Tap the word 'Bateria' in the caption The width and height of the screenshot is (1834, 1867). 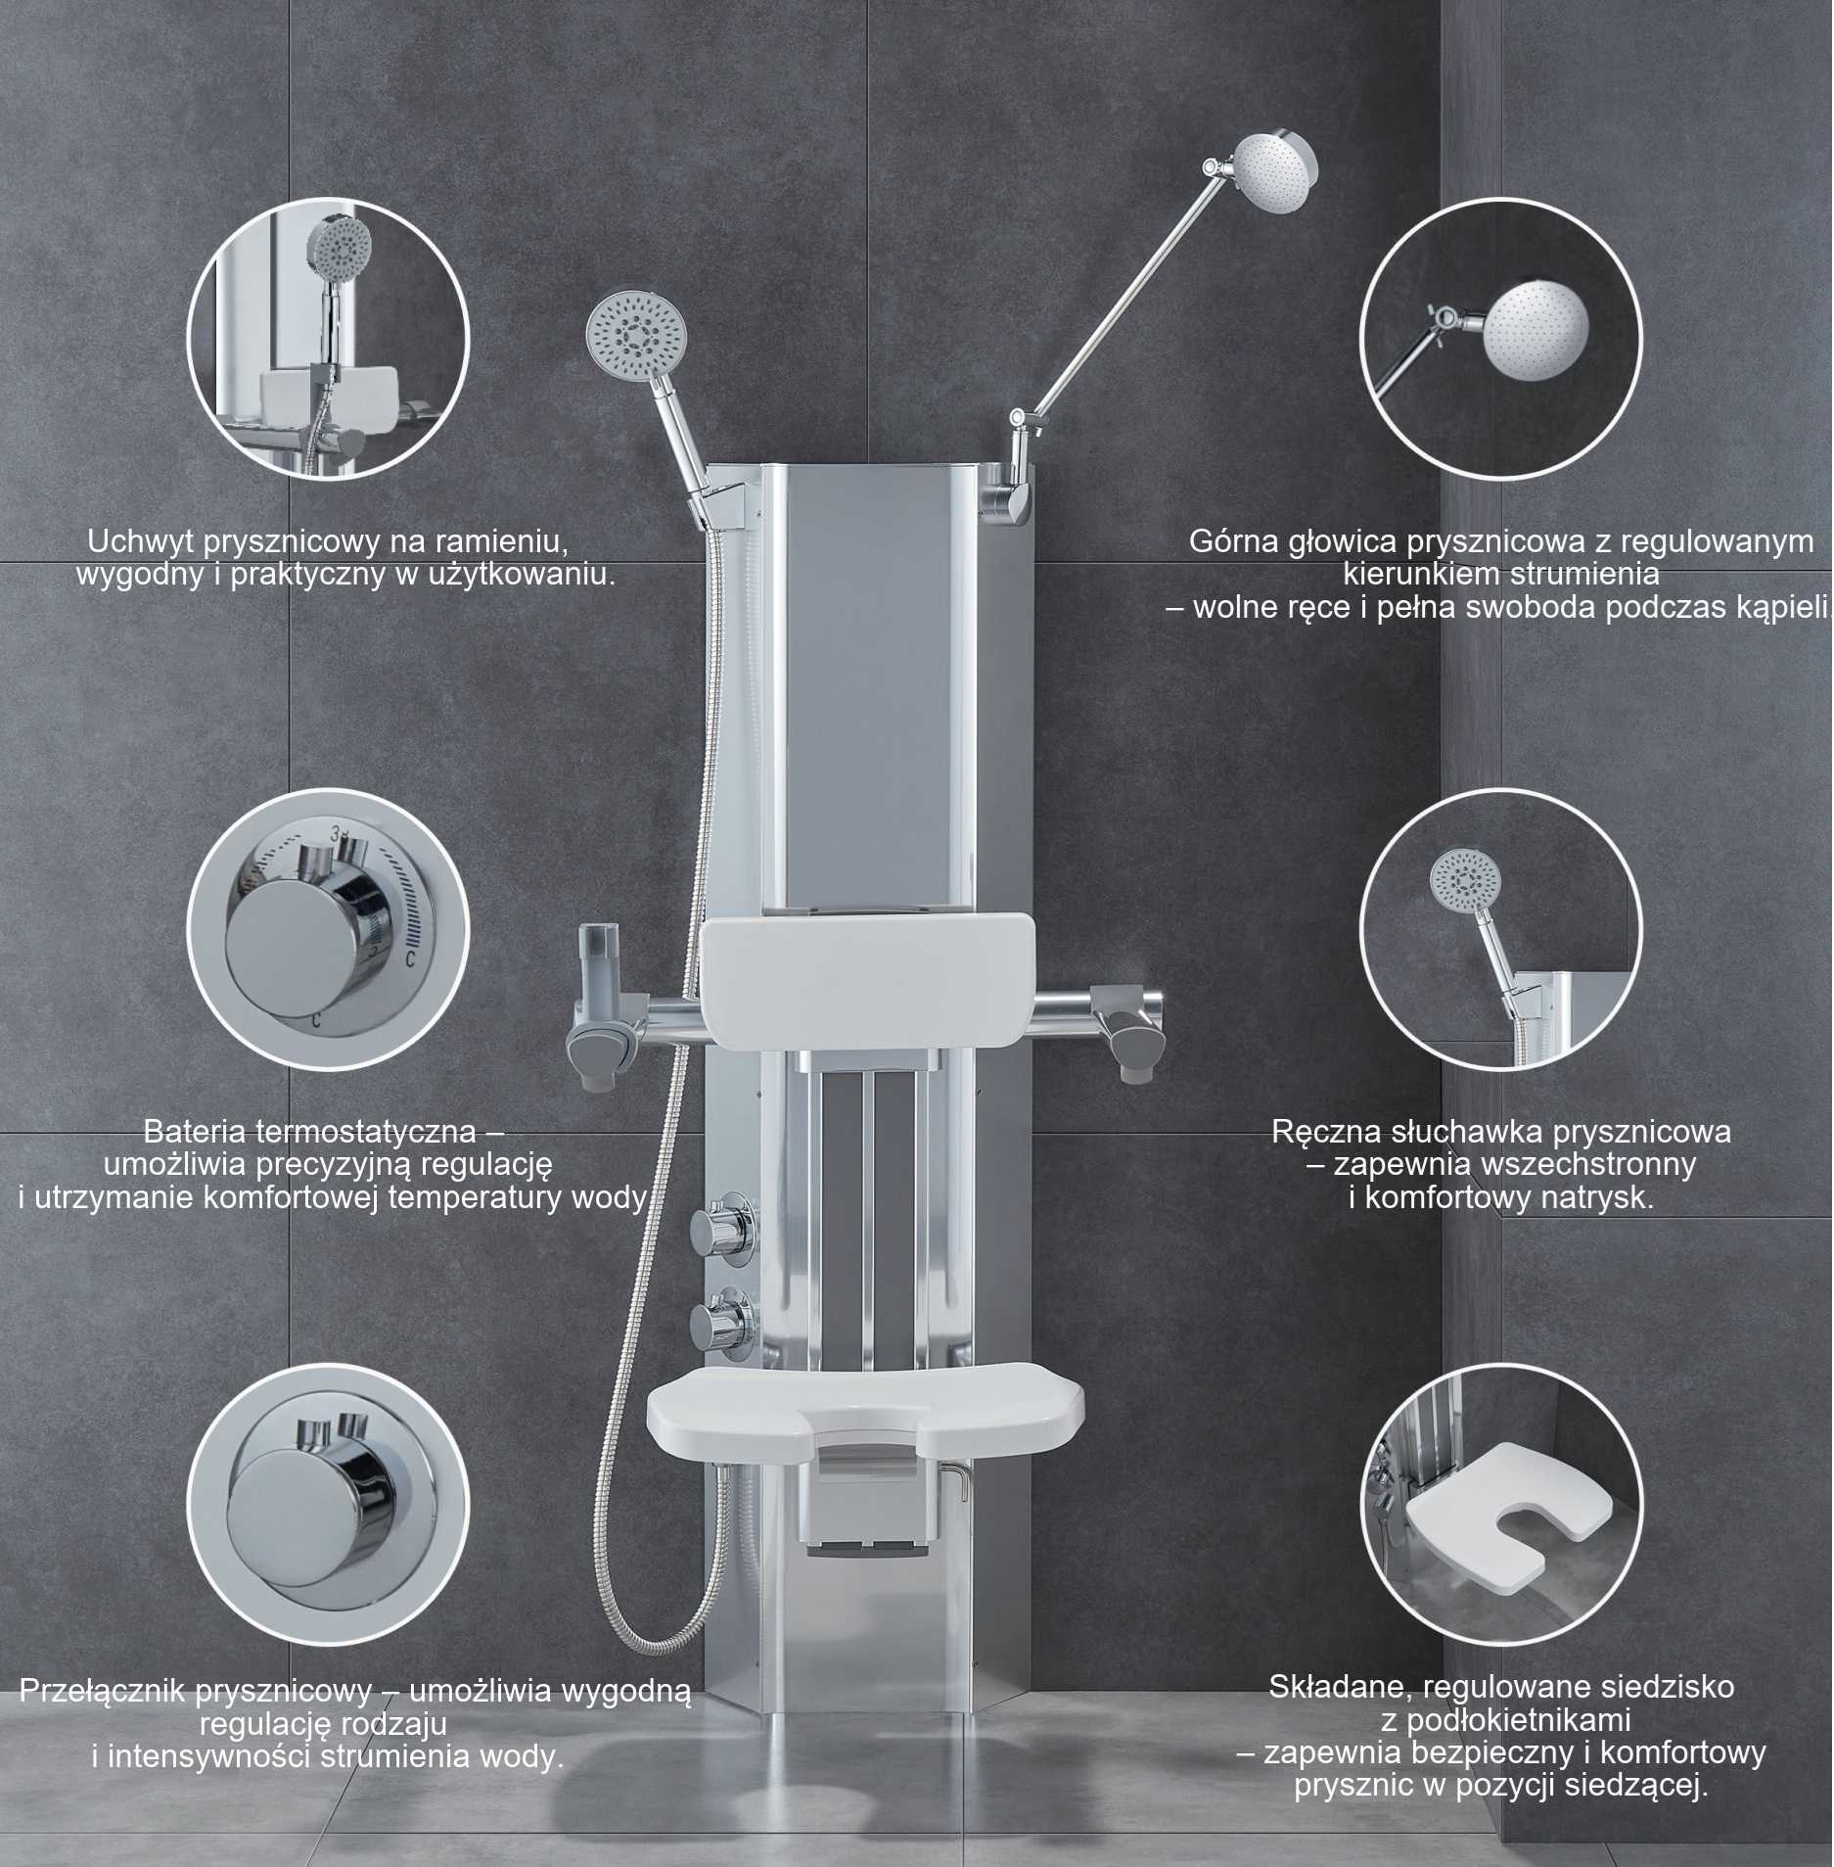click(x=194, y=1133)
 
